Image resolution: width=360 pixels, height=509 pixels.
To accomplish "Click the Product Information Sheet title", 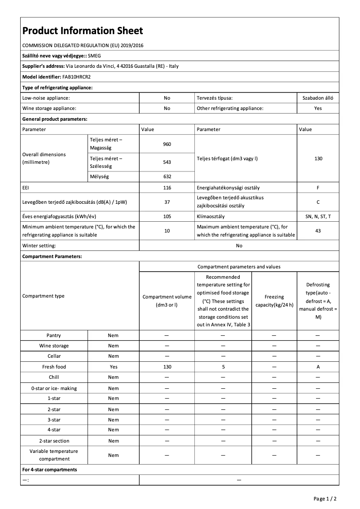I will click(83, 31).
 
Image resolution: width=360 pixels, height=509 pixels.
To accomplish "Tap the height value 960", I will click(167, 144).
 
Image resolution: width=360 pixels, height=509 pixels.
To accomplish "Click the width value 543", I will click(167, 162).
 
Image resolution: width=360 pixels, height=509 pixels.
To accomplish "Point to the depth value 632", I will click(167, 176).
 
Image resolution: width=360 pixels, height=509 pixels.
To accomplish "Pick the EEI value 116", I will click(167, 187).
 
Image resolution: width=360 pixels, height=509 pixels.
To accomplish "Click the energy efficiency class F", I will click(318, 187).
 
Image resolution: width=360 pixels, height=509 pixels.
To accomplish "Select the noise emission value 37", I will click(167, 202).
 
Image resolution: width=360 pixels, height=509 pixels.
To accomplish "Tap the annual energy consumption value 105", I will click(167, 216).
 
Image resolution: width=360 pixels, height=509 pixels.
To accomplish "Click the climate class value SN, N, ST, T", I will click(318, 216).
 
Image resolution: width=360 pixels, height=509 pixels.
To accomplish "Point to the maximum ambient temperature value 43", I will click(318, 231).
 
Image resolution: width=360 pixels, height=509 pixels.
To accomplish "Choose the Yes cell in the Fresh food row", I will click(114, 367).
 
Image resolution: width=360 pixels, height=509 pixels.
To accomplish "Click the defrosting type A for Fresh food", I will click(318, 367).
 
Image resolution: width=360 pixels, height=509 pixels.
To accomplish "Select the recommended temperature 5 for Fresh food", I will click(223, 367).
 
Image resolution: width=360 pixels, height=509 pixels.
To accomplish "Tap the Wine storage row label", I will click(54, 346).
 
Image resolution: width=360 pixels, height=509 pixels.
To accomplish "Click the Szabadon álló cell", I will click(318, 97).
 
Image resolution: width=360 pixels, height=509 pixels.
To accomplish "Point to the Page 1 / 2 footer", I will click(325, 499).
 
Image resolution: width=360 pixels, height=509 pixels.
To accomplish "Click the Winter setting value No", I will click(239, 246).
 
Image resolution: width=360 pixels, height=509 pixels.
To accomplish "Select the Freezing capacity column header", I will click(274, 301).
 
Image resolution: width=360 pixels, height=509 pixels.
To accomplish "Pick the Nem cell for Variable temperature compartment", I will click(114, 455).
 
